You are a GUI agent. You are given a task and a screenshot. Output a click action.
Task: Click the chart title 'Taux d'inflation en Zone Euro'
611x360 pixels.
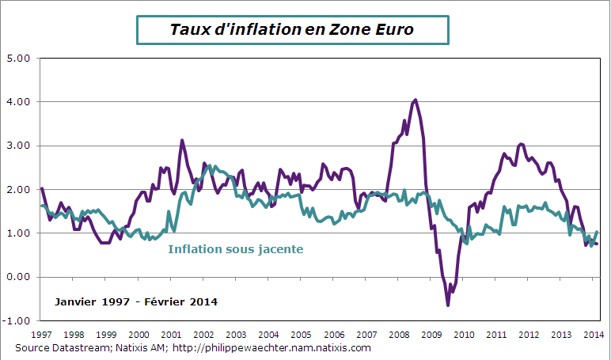[293, 29]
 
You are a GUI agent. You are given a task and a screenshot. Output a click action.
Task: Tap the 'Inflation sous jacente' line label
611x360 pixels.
[236, 249]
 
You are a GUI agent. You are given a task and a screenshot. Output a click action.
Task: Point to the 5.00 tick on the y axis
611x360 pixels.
[17, 59]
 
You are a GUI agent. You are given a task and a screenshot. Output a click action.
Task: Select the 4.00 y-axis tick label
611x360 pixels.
[17, 102]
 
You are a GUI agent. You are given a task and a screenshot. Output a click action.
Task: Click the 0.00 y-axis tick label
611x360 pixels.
[17, 277]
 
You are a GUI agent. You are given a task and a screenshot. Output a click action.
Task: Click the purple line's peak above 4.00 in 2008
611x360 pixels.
[416, 100]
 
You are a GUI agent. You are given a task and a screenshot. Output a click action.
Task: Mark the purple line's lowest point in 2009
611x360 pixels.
[447, 305]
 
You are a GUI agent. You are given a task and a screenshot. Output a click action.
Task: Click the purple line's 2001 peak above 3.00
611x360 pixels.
[182, 141]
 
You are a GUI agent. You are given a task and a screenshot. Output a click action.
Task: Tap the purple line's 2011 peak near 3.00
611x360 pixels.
[520, 145]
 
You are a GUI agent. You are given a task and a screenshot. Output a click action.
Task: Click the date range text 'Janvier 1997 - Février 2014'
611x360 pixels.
[136, 302]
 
